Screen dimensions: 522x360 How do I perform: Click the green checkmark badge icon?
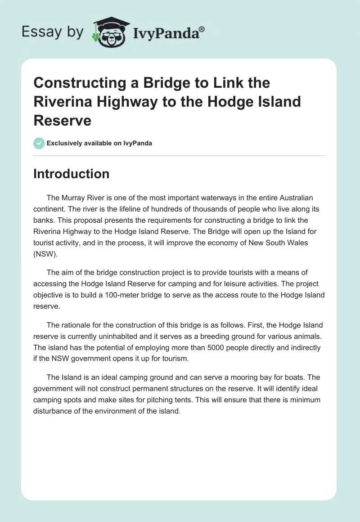(x=39, y=143)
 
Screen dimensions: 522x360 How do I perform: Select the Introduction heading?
(x=71, y=174)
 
